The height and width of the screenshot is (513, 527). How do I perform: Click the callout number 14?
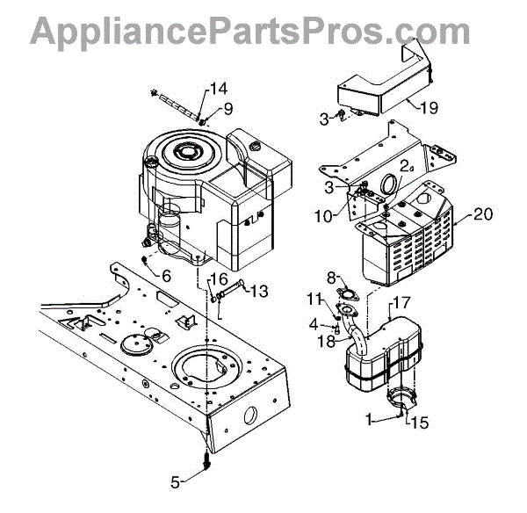coord(218,88)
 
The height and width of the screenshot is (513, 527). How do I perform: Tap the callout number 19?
coord(428,109)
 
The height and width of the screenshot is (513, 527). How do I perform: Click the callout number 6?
coord(165,275)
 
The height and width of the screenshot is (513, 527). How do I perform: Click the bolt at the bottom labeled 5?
coord(206,460)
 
